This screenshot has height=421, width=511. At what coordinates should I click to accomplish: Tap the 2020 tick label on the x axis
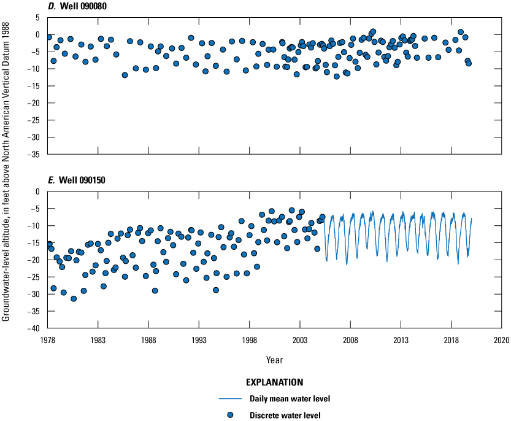click(502, 339)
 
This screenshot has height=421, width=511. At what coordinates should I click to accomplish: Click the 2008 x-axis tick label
click(350, 339)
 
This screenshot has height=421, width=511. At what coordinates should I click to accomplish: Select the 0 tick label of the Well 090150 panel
click(37, 191)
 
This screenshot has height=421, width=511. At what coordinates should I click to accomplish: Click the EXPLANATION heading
click(275, 382)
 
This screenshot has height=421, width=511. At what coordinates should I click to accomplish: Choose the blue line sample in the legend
click(229, 399)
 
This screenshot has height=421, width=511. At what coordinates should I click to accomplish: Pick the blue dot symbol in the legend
click(229, 415)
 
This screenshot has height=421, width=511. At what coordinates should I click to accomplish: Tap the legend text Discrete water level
click(285, 415)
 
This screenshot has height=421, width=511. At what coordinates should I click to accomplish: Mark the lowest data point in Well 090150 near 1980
click(74, 299)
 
